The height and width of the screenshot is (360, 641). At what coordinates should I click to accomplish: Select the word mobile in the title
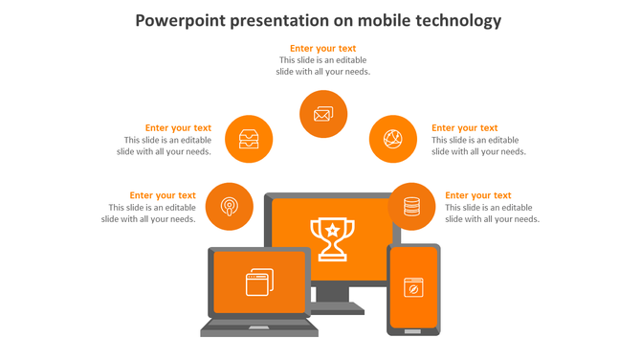pos(376,20)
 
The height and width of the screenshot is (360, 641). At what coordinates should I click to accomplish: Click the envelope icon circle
pos(322,114)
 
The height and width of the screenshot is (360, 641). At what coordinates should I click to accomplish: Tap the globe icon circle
pos(393,139)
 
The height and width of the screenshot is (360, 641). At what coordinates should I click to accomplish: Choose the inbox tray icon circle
pos(249,139)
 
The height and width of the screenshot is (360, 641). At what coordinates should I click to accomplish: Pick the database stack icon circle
pos(411,206)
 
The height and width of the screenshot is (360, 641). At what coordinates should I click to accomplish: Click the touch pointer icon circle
pos(230,206)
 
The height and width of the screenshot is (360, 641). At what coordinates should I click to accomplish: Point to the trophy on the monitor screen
pos(332,237)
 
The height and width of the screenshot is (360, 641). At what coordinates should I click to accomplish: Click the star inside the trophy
pos(332,230)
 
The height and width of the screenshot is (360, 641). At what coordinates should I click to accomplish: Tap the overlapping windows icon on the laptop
pos(259,281)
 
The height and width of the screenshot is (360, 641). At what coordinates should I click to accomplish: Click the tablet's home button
pos(413,330)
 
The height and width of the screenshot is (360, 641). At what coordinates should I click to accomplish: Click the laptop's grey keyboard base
pos(258,328)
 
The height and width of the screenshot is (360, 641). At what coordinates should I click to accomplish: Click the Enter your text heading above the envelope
pos(322,48)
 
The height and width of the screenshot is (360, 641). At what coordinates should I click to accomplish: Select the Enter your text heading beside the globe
pos(464,127)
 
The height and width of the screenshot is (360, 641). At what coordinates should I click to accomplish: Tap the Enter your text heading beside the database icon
pos(477,195)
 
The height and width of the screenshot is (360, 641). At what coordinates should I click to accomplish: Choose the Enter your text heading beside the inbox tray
pos(178,127)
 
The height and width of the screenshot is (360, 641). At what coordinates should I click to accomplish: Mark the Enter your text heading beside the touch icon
pos(163,195)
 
